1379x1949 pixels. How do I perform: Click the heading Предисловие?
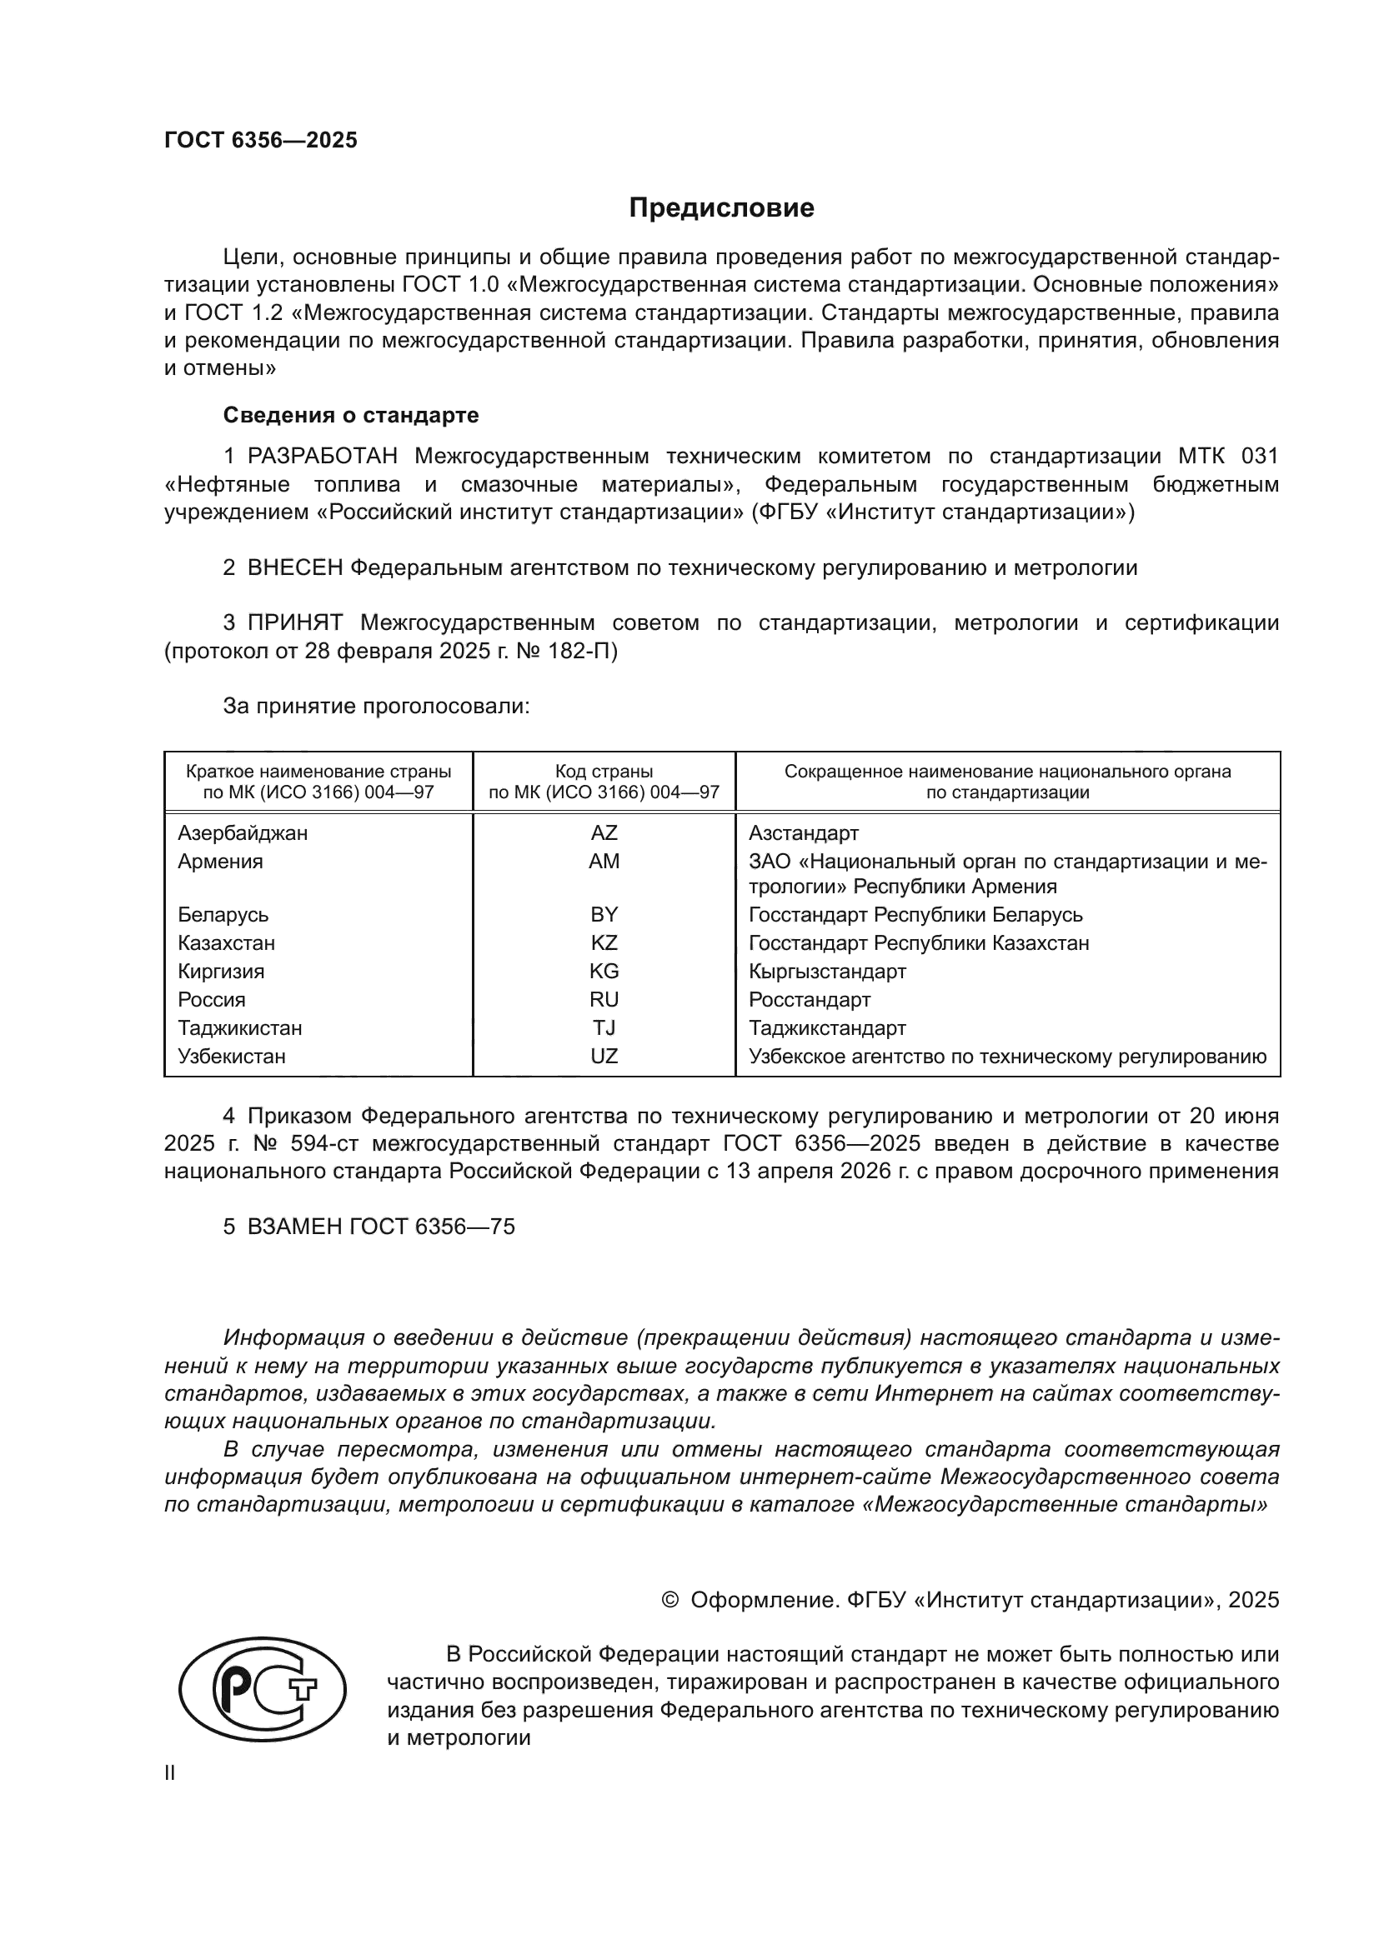point(721,208)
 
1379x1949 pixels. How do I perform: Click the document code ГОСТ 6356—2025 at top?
point(261,141)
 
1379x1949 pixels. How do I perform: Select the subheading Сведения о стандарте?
point(351,415)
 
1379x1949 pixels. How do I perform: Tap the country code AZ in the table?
point(604,832)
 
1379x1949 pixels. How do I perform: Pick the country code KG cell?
point(604,971)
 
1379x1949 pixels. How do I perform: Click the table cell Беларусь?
point(223,914)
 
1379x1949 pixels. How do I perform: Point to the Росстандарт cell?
point(810,999)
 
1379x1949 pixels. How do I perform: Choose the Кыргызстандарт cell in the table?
point(827,971)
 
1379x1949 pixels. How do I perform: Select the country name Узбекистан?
point(232,1056)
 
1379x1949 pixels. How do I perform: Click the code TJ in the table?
point(604,1028)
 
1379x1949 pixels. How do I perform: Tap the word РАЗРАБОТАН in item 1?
point(322,457)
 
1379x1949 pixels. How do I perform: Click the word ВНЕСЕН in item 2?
point(294,568)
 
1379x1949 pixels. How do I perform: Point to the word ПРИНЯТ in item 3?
point(294,623)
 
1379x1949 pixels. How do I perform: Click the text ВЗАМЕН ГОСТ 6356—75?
point(380,1227)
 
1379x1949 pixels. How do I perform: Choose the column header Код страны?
point(604,772)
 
